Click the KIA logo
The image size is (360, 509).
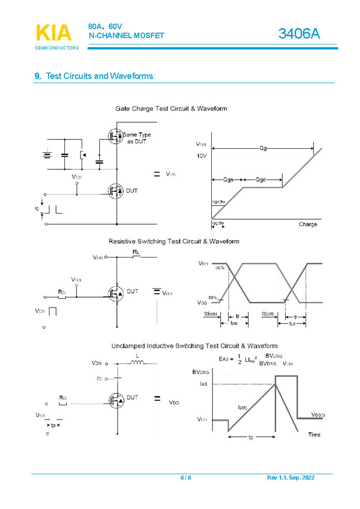click(54, 33)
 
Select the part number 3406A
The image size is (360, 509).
click(300, 34)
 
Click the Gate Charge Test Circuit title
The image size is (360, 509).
click(171, 108)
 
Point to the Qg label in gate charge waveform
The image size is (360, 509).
click(263, 148)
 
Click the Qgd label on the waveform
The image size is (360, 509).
click(262, 180)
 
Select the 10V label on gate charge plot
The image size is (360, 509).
click(201, 156)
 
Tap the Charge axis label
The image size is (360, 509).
click(308, 224)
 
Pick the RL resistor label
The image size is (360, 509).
click(136, 252)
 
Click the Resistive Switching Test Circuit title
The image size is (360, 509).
click(174, 241)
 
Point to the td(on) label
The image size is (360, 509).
click(210, 314)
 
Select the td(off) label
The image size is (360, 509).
click(268, 314)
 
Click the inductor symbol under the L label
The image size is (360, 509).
click(136, 364)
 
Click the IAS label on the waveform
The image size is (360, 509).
click(204, 383)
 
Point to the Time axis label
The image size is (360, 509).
click(314, 435)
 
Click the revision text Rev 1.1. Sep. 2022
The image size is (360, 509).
click(290, 478)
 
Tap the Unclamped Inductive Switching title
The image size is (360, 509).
click(194, 346)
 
